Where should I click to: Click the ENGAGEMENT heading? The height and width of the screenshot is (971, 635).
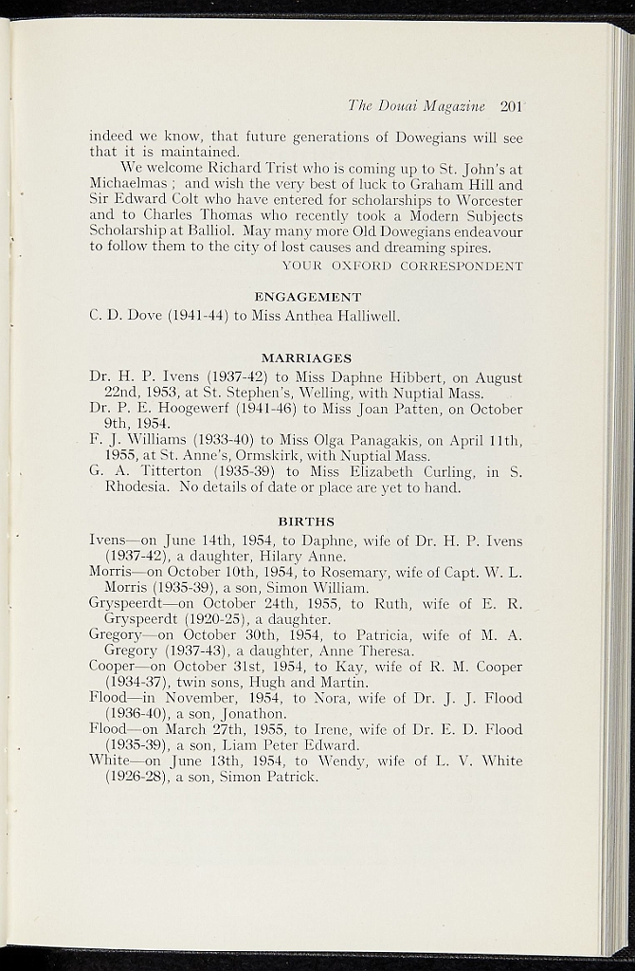pyautogui.click(x=307, y=297)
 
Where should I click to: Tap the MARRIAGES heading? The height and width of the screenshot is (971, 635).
pyautogui.click(x=306, y=358)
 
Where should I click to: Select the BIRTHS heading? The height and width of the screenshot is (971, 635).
pyautogui.click(x=305, y=521)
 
